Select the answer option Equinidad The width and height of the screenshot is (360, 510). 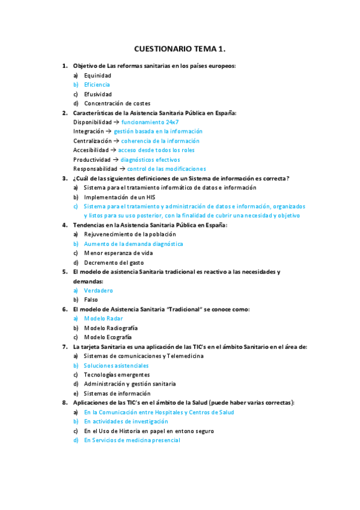click(97, 75)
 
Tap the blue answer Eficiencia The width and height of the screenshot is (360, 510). click(97, 85)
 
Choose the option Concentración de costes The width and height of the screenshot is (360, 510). click(117, 103)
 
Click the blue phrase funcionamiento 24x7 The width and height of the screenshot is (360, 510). click(150, 122)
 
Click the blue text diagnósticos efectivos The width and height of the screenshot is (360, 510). click(150, 159)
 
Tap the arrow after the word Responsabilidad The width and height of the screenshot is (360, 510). click(122, 169)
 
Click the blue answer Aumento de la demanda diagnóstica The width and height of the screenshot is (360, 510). click(133, 244)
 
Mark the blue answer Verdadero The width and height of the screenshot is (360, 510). click(98, 290)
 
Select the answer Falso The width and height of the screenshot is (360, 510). click(91, 300)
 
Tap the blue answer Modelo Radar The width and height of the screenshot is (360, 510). click(103, 318)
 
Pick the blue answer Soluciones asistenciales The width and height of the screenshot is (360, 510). click(116, 365)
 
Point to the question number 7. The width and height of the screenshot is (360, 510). click(64, 346)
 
